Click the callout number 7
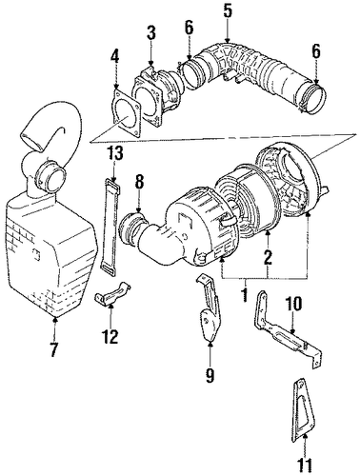click(x=54, y=349)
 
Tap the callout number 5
click(x=228, y=11)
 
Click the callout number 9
click(x=210, y=375)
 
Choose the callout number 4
click(x=115, y=57)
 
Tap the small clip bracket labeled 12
click(x=112, y=293)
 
